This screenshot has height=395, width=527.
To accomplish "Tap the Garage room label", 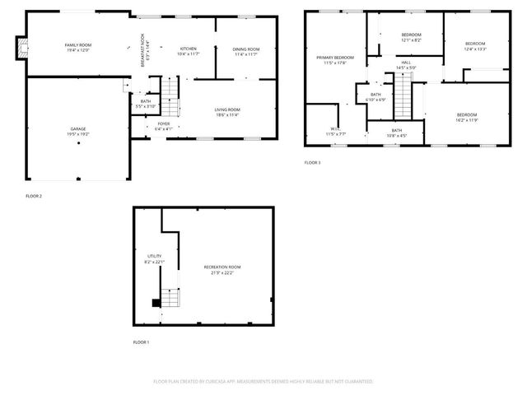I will click(78, 129).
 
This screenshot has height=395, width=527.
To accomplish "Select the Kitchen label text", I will click(188, 49).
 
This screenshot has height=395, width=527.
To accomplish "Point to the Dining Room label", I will click(246, 49).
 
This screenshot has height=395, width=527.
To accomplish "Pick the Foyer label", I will click(164, 123).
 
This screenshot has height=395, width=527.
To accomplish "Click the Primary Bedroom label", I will click(334, 57).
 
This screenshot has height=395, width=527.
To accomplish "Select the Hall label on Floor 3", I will click(406, 62).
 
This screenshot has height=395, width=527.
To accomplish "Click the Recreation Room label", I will click(222, 267).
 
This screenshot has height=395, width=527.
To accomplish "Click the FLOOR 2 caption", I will click(34, 196).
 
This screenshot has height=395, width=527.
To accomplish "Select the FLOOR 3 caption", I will click(313, 163).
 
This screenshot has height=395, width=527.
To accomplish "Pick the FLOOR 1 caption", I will click(142, 342).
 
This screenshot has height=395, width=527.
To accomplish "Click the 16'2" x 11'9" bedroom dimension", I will click(466, 119).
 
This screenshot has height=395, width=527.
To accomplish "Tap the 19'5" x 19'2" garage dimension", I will click(78, 134).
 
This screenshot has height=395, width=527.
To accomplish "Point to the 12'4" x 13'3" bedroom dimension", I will click(475, 49).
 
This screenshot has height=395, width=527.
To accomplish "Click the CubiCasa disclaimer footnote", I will click(263, 382).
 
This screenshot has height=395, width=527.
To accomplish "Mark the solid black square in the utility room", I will click(156, 303).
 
